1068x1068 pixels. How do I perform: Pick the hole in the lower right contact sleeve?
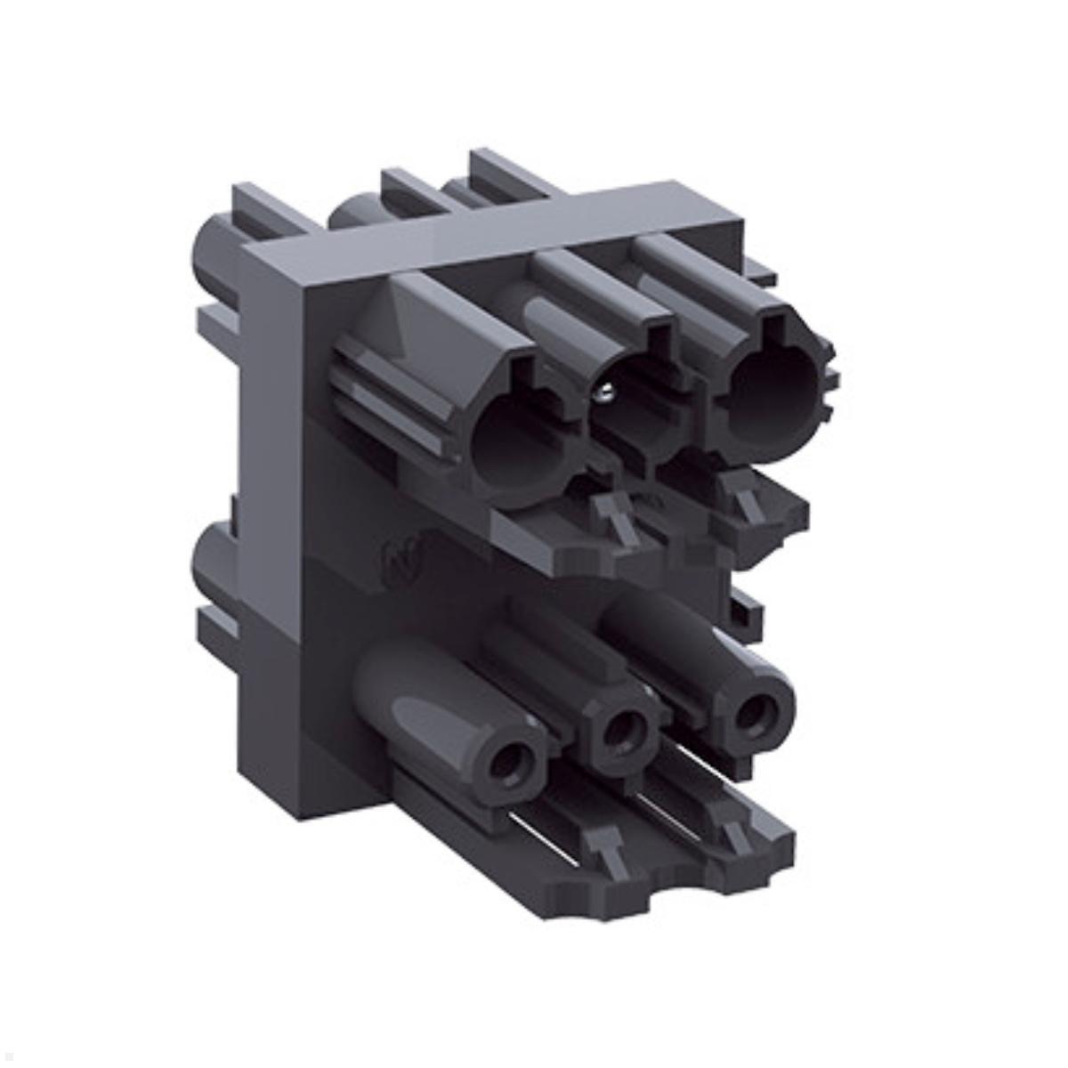[x=756, y=708]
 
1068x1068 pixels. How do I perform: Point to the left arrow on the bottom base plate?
[x=603, y=840]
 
